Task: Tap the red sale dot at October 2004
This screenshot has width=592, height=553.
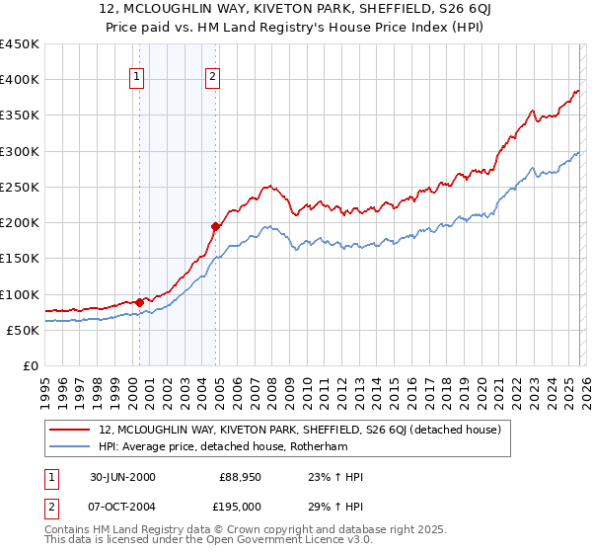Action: click(214, 226)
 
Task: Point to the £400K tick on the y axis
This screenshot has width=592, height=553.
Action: click(20, 80)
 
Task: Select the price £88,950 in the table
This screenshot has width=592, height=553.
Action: click(240, 477)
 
